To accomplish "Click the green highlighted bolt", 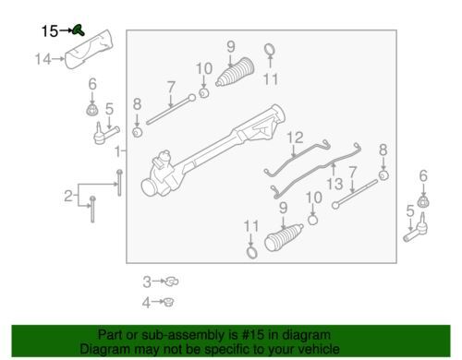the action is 79,30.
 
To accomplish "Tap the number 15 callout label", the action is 50,31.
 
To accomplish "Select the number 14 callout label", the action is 43,59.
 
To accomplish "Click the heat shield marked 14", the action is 89,49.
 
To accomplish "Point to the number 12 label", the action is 295,138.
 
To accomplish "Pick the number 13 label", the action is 334,185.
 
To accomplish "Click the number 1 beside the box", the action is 117,151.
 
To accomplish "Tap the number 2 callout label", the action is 68,196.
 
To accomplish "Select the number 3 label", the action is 147,282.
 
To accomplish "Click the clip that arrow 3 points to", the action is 171,282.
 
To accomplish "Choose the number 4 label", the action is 146,303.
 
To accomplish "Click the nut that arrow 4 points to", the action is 169,302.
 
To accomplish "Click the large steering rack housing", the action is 213,150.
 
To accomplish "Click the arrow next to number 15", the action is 66,30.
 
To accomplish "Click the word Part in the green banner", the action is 110,334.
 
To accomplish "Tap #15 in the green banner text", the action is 253,334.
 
